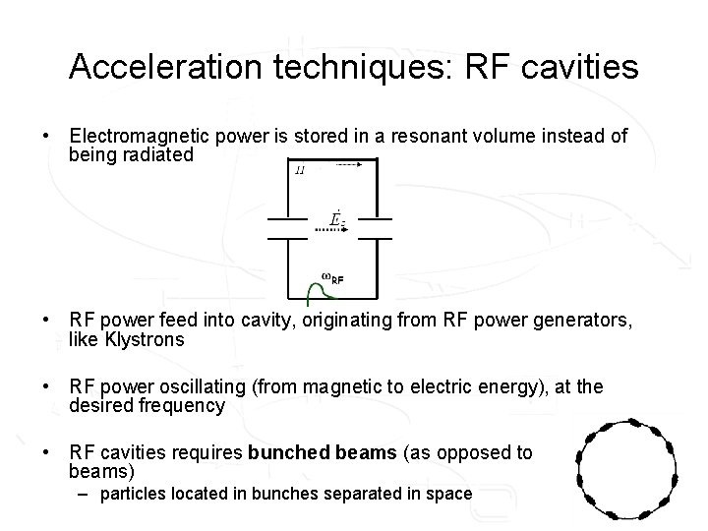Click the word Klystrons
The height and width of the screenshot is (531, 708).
(x=144, y=339)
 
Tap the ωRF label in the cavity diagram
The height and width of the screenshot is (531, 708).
(x=332, y=277)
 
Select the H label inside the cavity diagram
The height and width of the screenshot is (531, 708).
(x=301, y=171)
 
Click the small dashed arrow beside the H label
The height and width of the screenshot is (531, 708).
(x=347, y=165)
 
